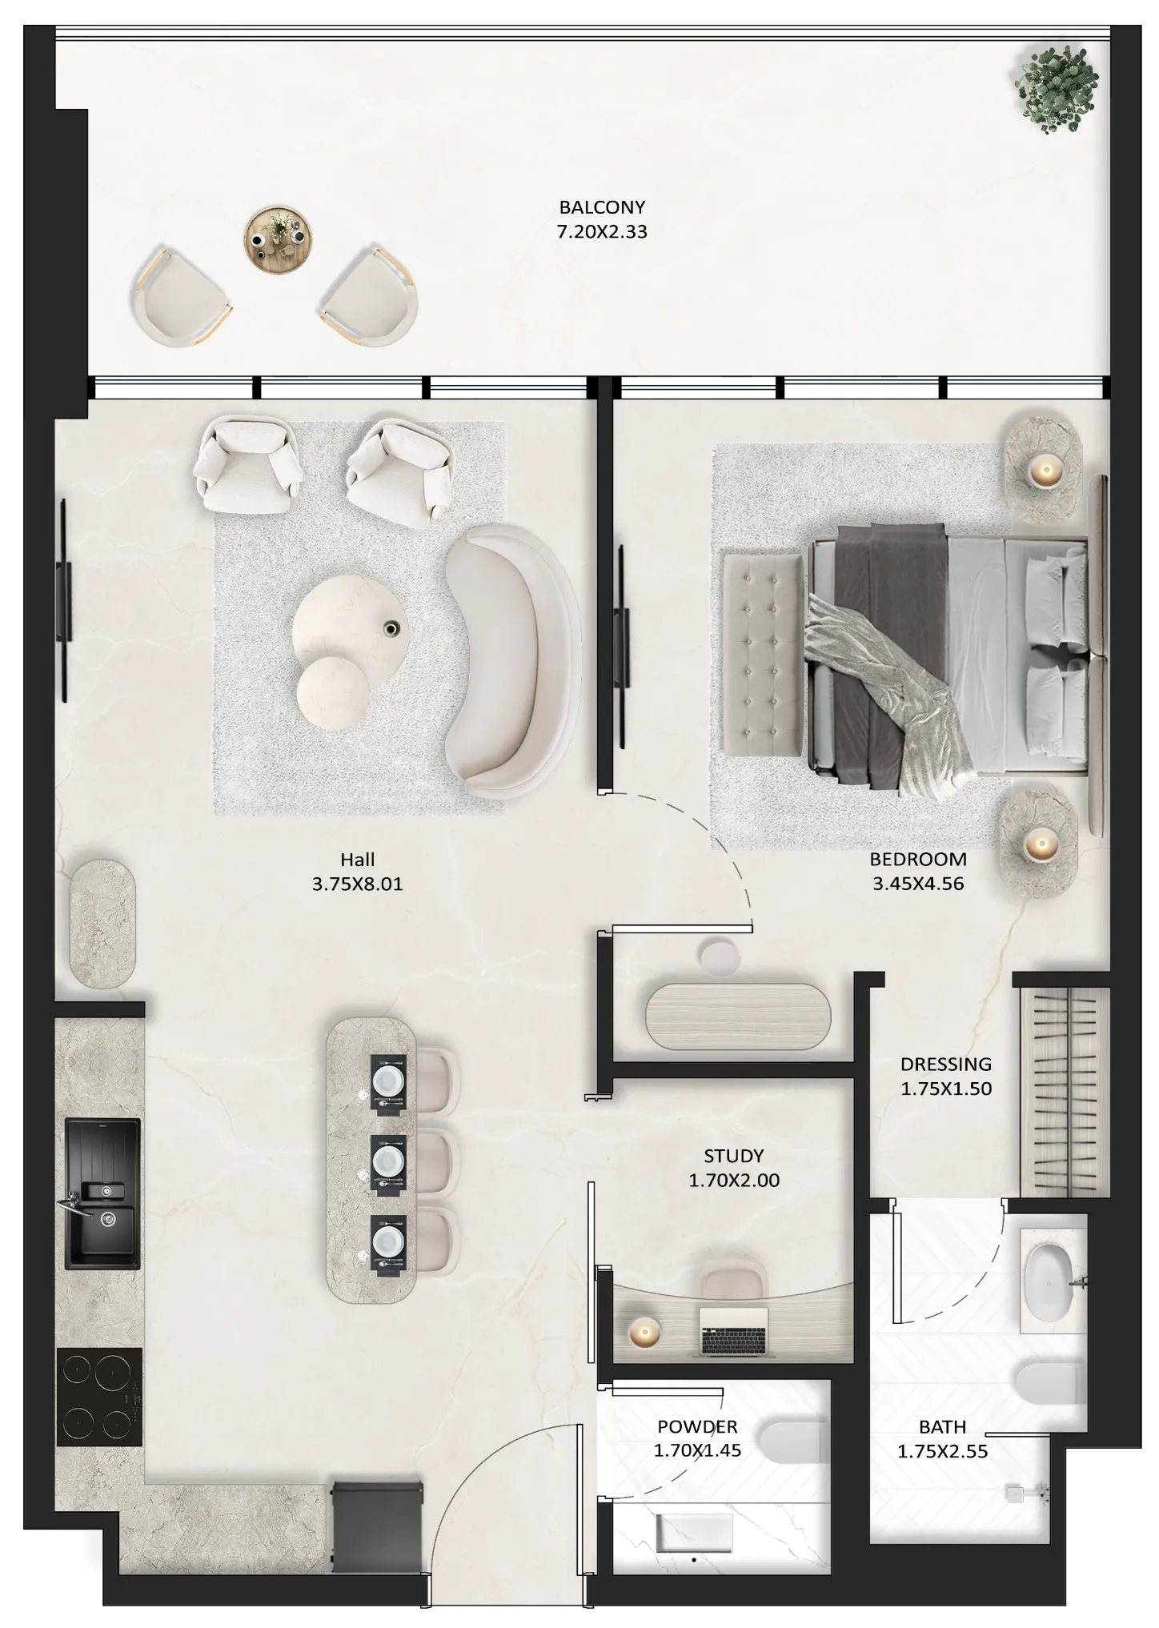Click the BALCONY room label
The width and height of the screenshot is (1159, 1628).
602,207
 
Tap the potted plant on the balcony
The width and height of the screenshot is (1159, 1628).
1056,86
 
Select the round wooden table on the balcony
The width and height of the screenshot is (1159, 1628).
278,239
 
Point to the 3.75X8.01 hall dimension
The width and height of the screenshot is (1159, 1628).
357,884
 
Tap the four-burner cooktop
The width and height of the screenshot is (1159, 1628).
99,1397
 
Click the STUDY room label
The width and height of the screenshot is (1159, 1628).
733,1156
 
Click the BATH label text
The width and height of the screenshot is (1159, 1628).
942,1426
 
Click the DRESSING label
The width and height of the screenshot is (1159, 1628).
945,1064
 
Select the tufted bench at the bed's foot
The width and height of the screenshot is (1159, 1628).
762,654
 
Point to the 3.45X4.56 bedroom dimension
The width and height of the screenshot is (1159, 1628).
918,884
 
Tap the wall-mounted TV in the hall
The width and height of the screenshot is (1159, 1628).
63,600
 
